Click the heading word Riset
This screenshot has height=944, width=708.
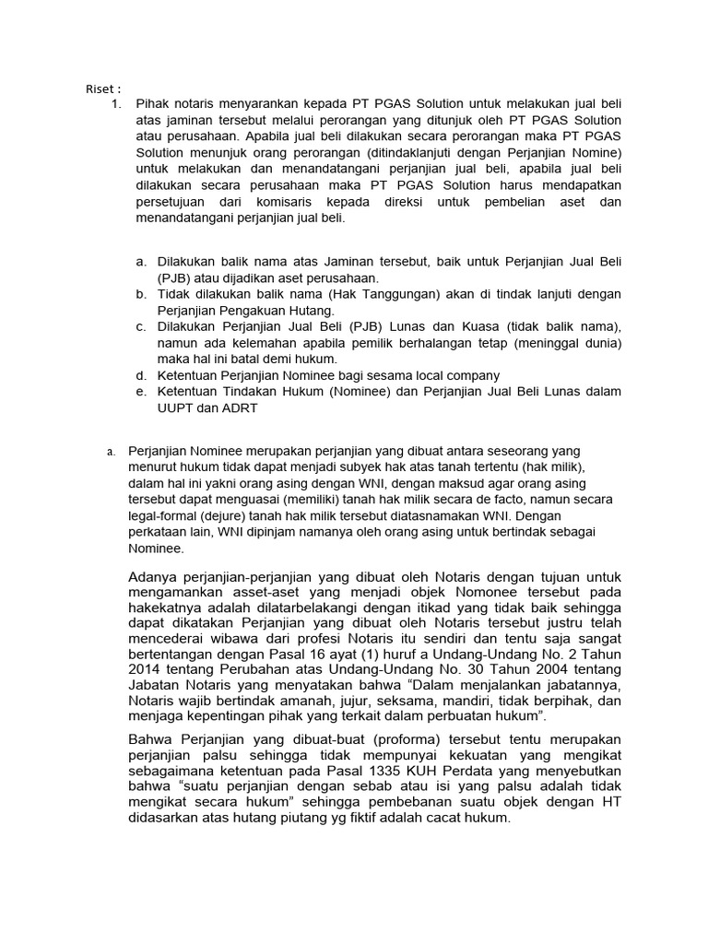click(99, 88)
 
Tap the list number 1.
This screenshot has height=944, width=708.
click(115, 104)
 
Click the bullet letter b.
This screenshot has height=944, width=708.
click(140, 294)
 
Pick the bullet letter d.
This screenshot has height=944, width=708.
click(140, 375)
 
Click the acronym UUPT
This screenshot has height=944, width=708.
click(177, 408)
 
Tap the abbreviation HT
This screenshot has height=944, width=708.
click(609, 802)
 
